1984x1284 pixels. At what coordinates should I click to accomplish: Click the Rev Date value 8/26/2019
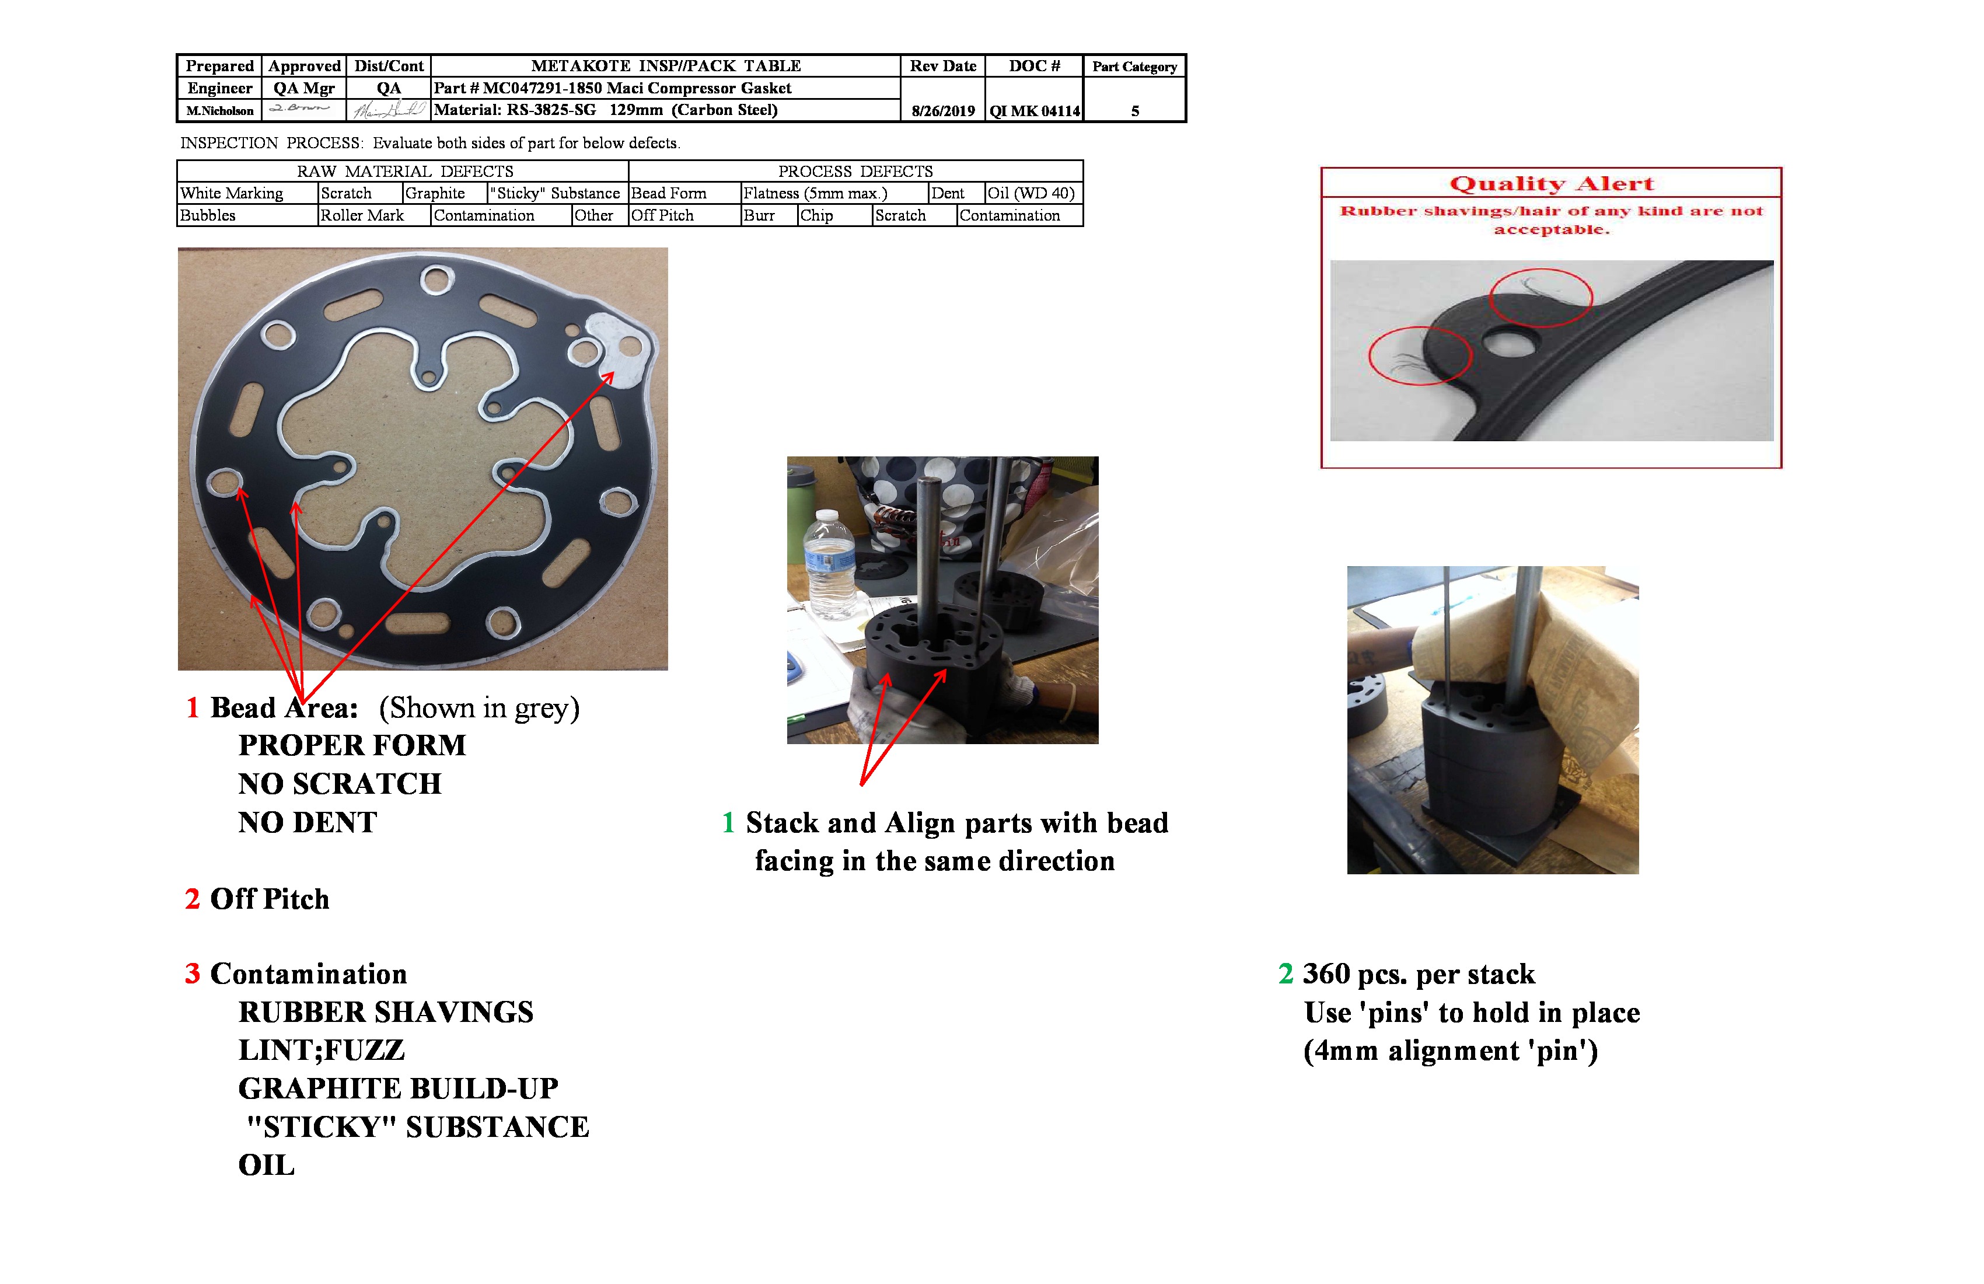coord(943,111)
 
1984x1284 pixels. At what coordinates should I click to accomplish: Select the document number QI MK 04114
coord(1035,111)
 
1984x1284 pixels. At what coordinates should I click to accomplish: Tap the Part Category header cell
coord(1134,67)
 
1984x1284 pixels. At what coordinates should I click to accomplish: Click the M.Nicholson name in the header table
coord(219,111)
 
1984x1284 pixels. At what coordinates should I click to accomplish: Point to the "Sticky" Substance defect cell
coord(555,193)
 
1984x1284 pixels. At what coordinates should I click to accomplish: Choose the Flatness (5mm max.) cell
coord(815,193)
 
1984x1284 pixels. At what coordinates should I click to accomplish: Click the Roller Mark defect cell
coord(362,216)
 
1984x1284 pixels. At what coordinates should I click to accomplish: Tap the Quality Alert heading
coord(1552,183)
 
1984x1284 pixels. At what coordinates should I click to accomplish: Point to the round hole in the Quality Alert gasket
coord(1510,343)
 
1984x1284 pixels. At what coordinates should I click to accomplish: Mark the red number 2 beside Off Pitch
coord(193,899)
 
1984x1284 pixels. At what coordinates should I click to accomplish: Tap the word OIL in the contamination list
coord(266,1166)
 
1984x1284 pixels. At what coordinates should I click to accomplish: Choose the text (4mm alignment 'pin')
coord(1451,1051)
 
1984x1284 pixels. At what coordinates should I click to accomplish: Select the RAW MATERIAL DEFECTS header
coord(405,172)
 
